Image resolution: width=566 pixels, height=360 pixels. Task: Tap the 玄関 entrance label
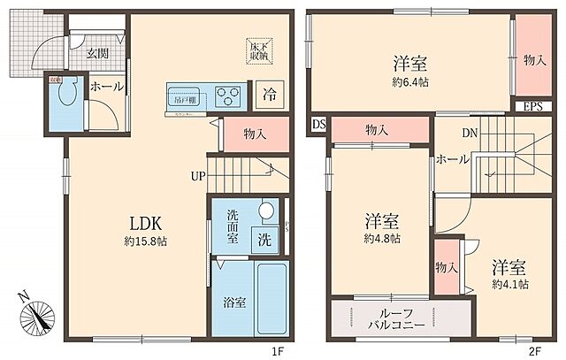(97, 53)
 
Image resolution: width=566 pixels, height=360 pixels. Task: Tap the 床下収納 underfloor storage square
(258, 50)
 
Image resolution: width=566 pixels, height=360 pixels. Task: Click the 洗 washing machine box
(264, 239)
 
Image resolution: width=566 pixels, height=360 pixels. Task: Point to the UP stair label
(196, 175)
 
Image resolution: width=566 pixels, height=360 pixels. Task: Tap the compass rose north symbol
(38, 314)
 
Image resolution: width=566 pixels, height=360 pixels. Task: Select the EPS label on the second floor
(532, 107)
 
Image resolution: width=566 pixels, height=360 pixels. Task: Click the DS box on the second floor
(318, 126)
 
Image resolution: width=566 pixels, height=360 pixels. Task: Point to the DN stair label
(470, 134)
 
